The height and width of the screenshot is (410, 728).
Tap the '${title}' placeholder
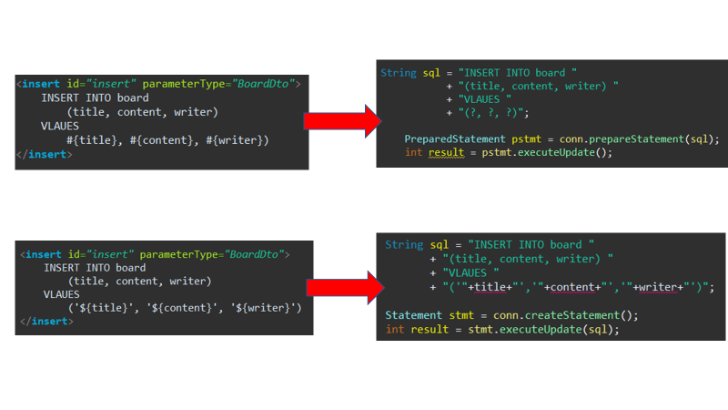103,308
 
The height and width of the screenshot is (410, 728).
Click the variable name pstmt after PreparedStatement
502,139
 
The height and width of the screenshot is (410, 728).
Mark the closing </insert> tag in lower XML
46,322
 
